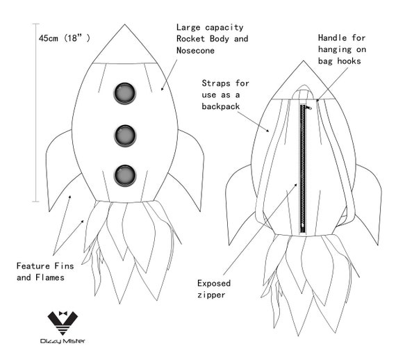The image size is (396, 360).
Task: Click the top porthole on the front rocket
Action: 125,93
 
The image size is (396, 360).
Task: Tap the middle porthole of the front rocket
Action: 125,136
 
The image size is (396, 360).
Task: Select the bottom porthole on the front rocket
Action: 125,176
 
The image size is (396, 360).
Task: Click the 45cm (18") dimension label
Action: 64,38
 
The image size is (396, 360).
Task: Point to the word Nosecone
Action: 195,51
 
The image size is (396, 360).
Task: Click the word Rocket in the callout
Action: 190,39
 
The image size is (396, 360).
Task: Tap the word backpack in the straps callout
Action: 220,106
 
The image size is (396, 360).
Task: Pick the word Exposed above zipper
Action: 214,284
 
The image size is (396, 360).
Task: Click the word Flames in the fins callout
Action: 50,277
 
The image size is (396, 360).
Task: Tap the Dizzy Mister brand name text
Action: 63,341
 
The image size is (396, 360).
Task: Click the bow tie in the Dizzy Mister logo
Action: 63,313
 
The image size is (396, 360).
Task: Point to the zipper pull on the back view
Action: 308,108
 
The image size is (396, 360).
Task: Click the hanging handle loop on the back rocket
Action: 304,91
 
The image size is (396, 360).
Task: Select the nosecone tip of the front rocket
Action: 124,24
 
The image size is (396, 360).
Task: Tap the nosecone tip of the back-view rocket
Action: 304,61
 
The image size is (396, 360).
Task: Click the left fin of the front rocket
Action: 58,167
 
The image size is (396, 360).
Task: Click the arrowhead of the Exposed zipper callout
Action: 295,186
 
